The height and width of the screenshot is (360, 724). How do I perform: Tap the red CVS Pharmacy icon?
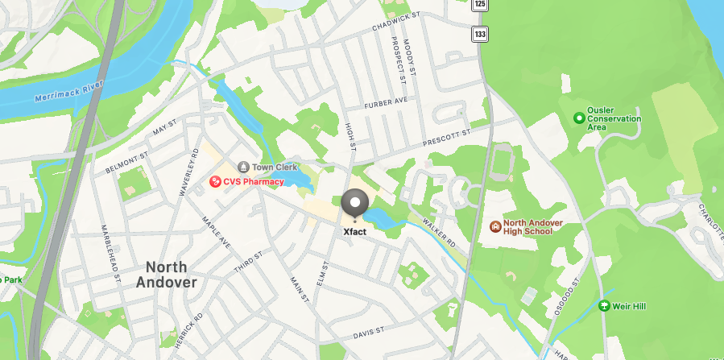coord(215,182)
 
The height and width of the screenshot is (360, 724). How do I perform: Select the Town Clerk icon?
coord(242,167)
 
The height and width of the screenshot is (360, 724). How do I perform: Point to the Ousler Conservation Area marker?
coord(577,118)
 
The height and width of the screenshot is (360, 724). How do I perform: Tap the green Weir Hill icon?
coord(604,306)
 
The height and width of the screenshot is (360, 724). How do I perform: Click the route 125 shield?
coord(480,5)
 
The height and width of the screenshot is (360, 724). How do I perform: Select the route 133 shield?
coord(480,34)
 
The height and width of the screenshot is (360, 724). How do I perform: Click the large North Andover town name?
coord(167,275)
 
